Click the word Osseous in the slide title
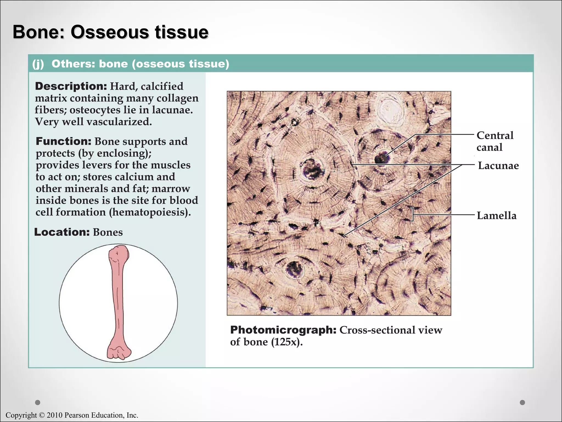coord(110,32)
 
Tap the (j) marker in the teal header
coord(38,64)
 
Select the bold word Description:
coord(71,86)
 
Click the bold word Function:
coord(63,141)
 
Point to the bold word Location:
coord(62,232)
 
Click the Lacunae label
coord(498,166)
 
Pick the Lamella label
coord(496,216)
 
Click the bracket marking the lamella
coord(412,214)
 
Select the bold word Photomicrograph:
coord(283,330)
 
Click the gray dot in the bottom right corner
coord(522,402)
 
